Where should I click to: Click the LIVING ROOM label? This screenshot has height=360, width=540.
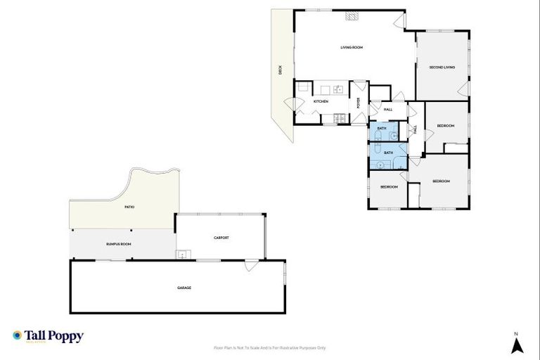(351, 48)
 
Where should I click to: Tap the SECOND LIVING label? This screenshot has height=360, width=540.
(442, 67)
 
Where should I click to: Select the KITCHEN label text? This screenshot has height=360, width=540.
(321, 102)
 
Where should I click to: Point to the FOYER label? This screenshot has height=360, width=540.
(359, 103)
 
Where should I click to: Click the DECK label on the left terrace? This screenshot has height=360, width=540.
(280, 70)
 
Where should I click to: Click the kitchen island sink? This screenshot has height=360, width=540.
(337, 89)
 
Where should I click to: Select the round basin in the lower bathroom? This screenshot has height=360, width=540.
(380, 165)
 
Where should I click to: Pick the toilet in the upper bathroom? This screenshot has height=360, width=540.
(377, 136)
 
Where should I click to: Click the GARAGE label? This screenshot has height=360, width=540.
(184, 288)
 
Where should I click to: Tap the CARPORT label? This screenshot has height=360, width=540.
(221, 238)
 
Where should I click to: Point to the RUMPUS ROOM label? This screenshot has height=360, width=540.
(119, 244)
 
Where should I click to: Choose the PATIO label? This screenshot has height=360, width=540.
(129, 207)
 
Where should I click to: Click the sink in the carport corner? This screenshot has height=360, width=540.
(182, 255)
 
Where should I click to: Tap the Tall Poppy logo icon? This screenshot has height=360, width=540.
(17, 335)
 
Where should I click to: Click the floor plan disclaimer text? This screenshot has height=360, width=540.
(269, 348)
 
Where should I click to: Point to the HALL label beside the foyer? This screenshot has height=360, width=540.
(387, 110)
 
